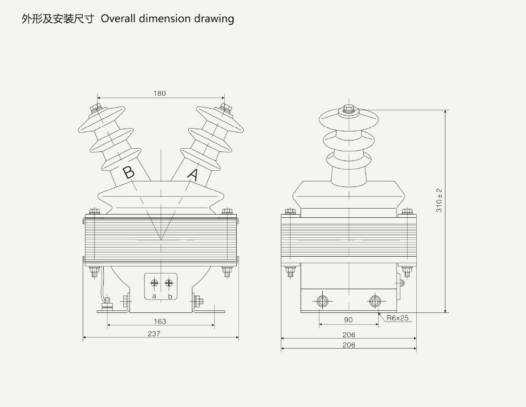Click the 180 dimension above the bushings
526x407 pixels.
pos(159,94)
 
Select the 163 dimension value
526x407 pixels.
pos(159,322)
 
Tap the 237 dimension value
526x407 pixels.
pos(154,333)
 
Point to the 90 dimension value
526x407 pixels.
pos(348,320)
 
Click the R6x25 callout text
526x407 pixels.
pos(397,318)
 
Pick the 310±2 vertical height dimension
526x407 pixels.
pos(439,201)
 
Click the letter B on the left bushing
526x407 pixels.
pos(128,172)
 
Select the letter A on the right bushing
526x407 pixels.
pos(193,175)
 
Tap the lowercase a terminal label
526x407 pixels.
pos(154,296)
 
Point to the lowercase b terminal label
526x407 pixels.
pos(170,296)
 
